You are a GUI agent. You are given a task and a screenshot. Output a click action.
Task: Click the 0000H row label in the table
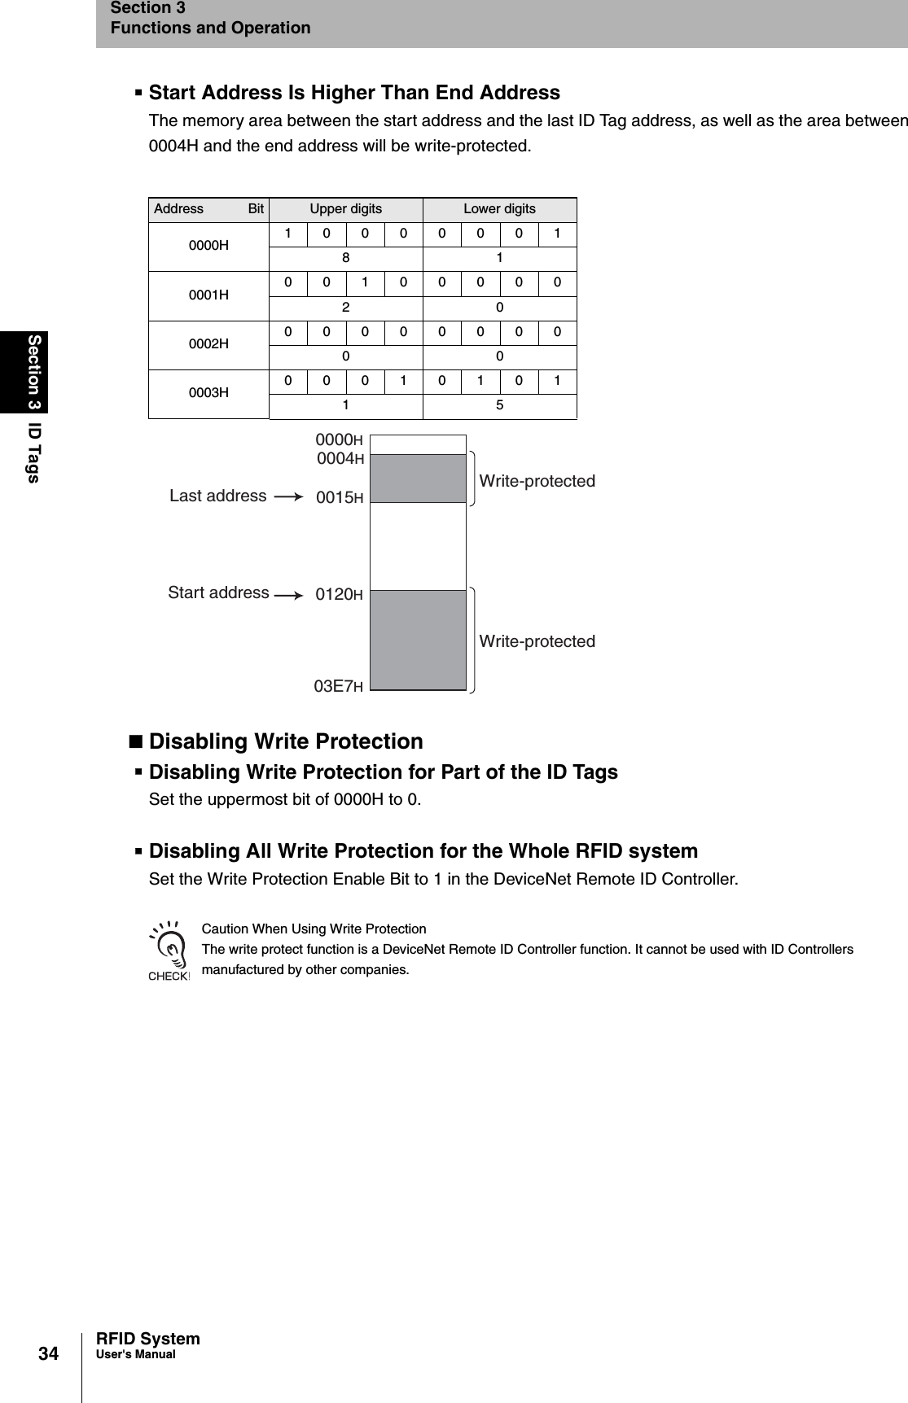(208, 245)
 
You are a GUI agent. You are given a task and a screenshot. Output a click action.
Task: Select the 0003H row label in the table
(208, 393)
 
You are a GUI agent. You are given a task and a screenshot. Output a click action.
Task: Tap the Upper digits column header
(345, 209)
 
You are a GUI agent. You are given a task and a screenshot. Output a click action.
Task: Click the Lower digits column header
(499, 209)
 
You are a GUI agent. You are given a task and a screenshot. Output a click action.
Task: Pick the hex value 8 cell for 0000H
(345, 258)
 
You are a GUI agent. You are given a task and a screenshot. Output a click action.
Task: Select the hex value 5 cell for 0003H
(499, 405)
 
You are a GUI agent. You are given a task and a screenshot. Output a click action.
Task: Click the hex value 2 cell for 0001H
(345, 308)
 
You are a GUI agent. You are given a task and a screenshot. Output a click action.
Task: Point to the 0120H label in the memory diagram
(339, 595)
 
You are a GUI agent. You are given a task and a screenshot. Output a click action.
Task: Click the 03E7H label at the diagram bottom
(338, 686)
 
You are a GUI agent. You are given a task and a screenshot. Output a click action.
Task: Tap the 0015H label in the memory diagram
(339, 497)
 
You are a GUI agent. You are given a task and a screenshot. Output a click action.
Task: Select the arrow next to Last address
(288, 496)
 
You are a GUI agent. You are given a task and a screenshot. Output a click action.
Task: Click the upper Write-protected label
(537, 481)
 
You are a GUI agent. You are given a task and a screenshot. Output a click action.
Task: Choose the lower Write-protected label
(537, 641)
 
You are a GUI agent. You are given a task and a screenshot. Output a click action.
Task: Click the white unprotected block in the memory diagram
(418, 546)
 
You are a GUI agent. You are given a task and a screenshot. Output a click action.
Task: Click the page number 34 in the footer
(49, 1353)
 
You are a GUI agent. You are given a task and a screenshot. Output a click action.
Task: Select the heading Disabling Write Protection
(286, 741)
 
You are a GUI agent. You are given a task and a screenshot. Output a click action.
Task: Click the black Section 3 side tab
(34, 371)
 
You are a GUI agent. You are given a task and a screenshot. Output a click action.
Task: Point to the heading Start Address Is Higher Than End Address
(354, 93)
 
